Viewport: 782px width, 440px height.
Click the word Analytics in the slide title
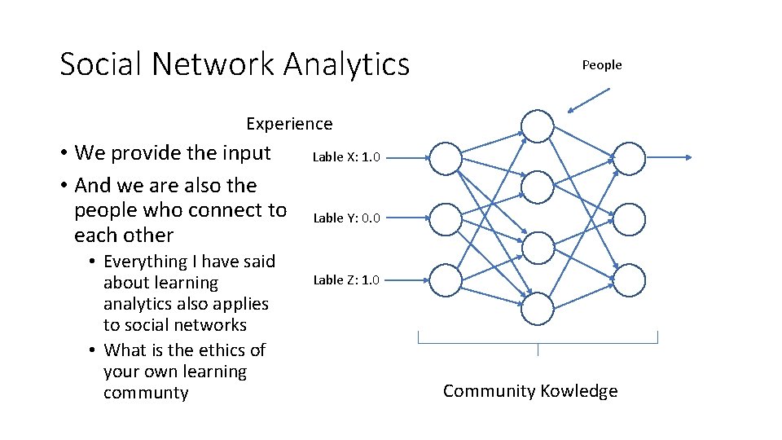point(346,64)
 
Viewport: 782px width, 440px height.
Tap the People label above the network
point(601,65)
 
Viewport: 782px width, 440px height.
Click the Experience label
point(289,124)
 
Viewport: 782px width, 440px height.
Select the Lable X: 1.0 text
point(346,157)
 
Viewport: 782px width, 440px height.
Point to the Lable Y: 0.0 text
point(346,218)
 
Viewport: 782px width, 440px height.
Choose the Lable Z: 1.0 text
point(346,279)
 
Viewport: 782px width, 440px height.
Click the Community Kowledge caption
point(530,391)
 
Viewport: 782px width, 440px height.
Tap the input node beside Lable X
point(445,158)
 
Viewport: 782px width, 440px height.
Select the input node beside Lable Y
point(445,219)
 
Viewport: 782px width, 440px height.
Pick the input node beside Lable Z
point(445,280)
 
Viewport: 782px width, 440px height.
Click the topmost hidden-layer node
point(538,126)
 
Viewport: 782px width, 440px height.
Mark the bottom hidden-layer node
point(538,309)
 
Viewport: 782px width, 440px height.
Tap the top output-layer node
point(629,158)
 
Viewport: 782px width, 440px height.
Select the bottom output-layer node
point(629,280)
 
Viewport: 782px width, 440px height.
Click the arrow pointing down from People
point(588,100)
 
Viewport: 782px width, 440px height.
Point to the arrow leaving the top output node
point(670,158)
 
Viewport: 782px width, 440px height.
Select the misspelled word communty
point(146,393)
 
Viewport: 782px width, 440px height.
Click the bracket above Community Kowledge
point(538,338)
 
